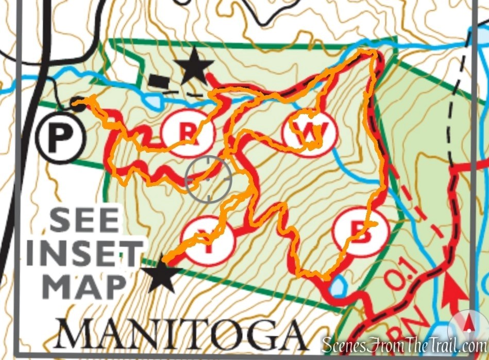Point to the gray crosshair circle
click(x=209, y=179)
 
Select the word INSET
click(x=85, y=254)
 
